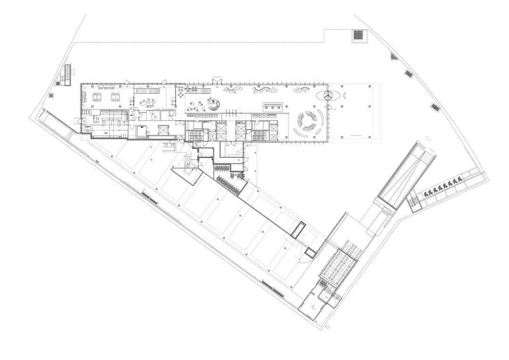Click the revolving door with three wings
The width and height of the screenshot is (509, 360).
pos(328,95)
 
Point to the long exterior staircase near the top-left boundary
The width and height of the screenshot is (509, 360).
pos(67,74)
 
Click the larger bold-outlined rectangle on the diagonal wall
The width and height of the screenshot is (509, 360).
pos(299,229)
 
